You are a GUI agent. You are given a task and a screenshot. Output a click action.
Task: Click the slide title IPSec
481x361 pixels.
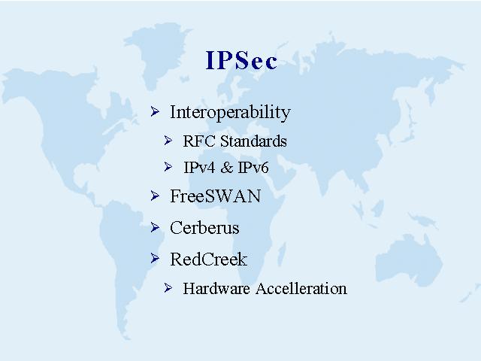click(241, 60)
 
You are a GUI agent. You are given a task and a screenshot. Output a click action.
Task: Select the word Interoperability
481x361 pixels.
click(230, 112)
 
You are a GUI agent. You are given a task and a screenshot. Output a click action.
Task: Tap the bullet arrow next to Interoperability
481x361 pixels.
click(155, 112)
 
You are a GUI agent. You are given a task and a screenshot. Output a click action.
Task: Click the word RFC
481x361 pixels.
click(199, 141)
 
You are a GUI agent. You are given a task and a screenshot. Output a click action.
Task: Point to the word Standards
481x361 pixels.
click(253, 141)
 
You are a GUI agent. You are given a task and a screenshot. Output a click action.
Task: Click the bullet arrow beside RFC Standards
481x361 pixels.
click(168, 141)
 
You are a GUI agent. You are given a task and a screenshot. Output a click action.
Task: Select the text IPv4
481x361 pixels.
click(199, 168)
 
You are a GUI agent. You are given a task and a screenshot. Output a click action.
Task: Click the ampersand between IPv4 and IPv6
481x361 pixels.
click(227, 168)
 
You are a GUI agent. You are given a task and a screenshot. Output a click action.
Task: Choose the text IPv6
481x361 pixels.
click(253, 168)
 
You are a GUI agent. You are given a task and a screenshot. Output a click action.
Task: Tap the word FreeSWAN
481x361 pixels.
click(216, 196)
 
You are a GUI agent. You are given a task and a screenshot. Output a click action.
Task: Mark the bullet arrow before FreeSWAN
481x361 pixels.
click(155, 196)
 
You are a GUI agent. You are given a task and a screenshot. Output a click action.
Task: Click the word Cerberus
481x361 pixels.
click(204, 228)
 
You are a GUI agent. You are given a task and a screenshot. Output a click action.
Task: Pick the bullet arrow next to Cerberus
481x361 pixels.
click(155, 227)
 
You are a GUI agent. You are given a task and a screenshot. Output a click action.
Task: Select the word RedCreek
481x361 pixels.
click(209, 259)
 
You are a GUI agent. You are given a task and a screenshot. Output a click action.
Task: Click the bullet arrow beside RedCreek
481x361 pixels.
click(155, 259)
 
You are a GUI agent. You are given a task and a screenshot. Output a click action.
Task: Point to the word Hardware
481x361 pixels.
click(216, 289)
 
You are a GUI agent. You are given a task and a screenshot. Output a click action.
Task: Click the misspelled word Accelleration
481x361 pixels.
click(301, 289)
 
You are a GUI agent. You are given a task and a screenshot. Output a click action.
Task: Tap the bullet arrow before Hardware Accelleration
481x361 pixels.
click(168, 288)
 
